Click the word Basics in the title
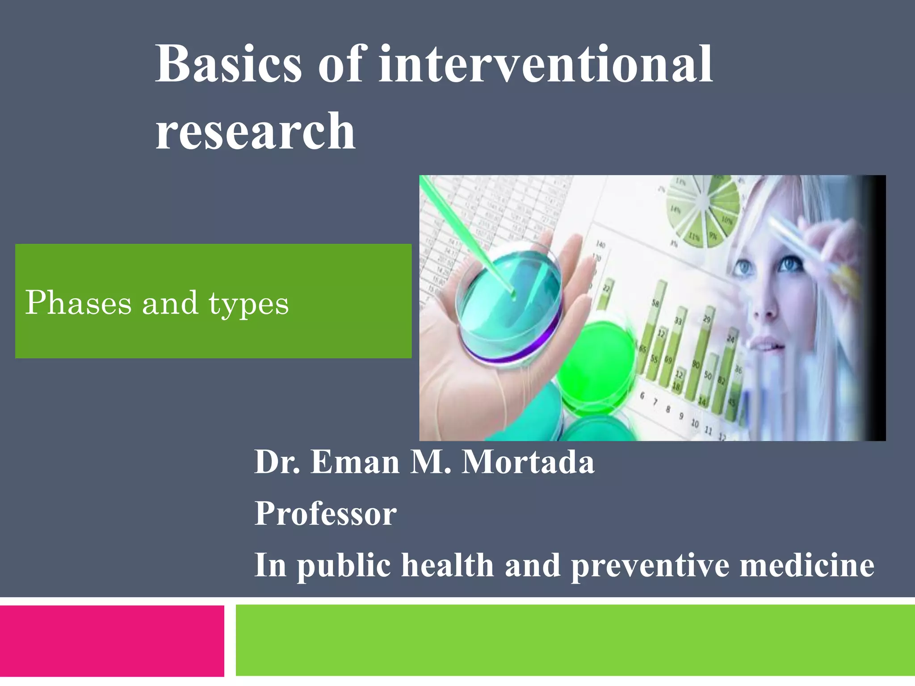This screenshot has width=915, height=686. point(228,65)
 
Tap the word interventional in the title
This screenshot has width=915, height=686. point(545,65)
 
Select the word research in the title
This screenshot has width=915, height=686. point(255,132)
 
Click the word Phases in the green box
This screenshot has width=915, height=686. point(78,303)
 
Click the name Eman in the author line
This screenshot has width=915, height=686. point(355,462)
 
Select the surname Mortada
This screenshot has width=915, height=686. point(528,462)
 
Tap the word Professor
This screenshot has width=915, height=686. point(325,514)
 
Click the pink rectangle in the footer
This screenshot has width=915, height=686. point(112,641)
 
